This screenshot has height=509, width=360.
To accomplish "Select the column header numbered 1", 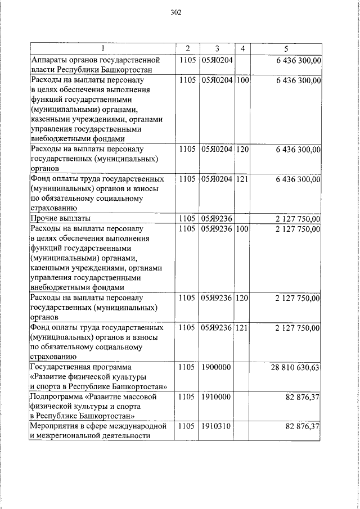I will (102, 49).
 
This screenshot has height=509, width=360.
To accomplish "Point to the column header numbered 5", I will (286, 49).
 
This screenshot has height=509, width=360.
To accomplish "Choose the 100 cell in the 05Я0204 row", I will (242, 80).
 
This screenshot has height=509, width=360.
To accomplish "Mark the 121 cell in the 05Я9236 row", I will (242, 327).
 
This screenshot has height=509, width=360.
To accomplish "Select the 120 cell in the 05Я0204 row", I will (242, 150).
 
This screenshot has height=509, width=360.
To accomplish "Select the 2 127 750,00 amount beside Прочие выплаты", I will (298, 218).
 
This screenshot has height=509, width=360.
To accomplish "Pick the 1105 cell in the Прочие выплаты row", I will (186, 218).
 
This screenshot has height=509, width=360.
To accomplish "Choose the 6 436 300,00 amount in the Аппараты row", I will (298, 60).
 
